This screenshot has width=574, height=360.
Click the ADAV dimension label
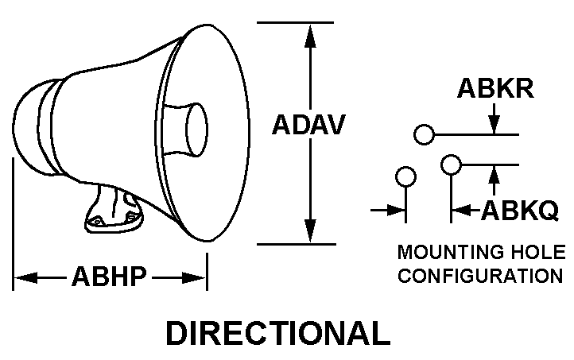(x=309, y=125)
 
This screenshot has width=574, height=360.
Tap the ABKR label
(x=494, y=89)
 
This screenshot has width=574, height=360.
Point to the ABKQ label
(x=521, y=210)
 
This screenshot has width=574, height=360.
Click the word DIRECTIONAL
(x=277, y=333)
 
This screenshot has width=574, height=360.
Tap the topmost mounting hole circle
(x=425, y=134)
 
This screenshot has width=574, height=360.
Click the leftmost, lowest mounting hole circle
(x=406, y=176)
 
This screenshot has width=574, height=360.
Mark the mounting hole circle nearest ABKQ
(x=451, y=165)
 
